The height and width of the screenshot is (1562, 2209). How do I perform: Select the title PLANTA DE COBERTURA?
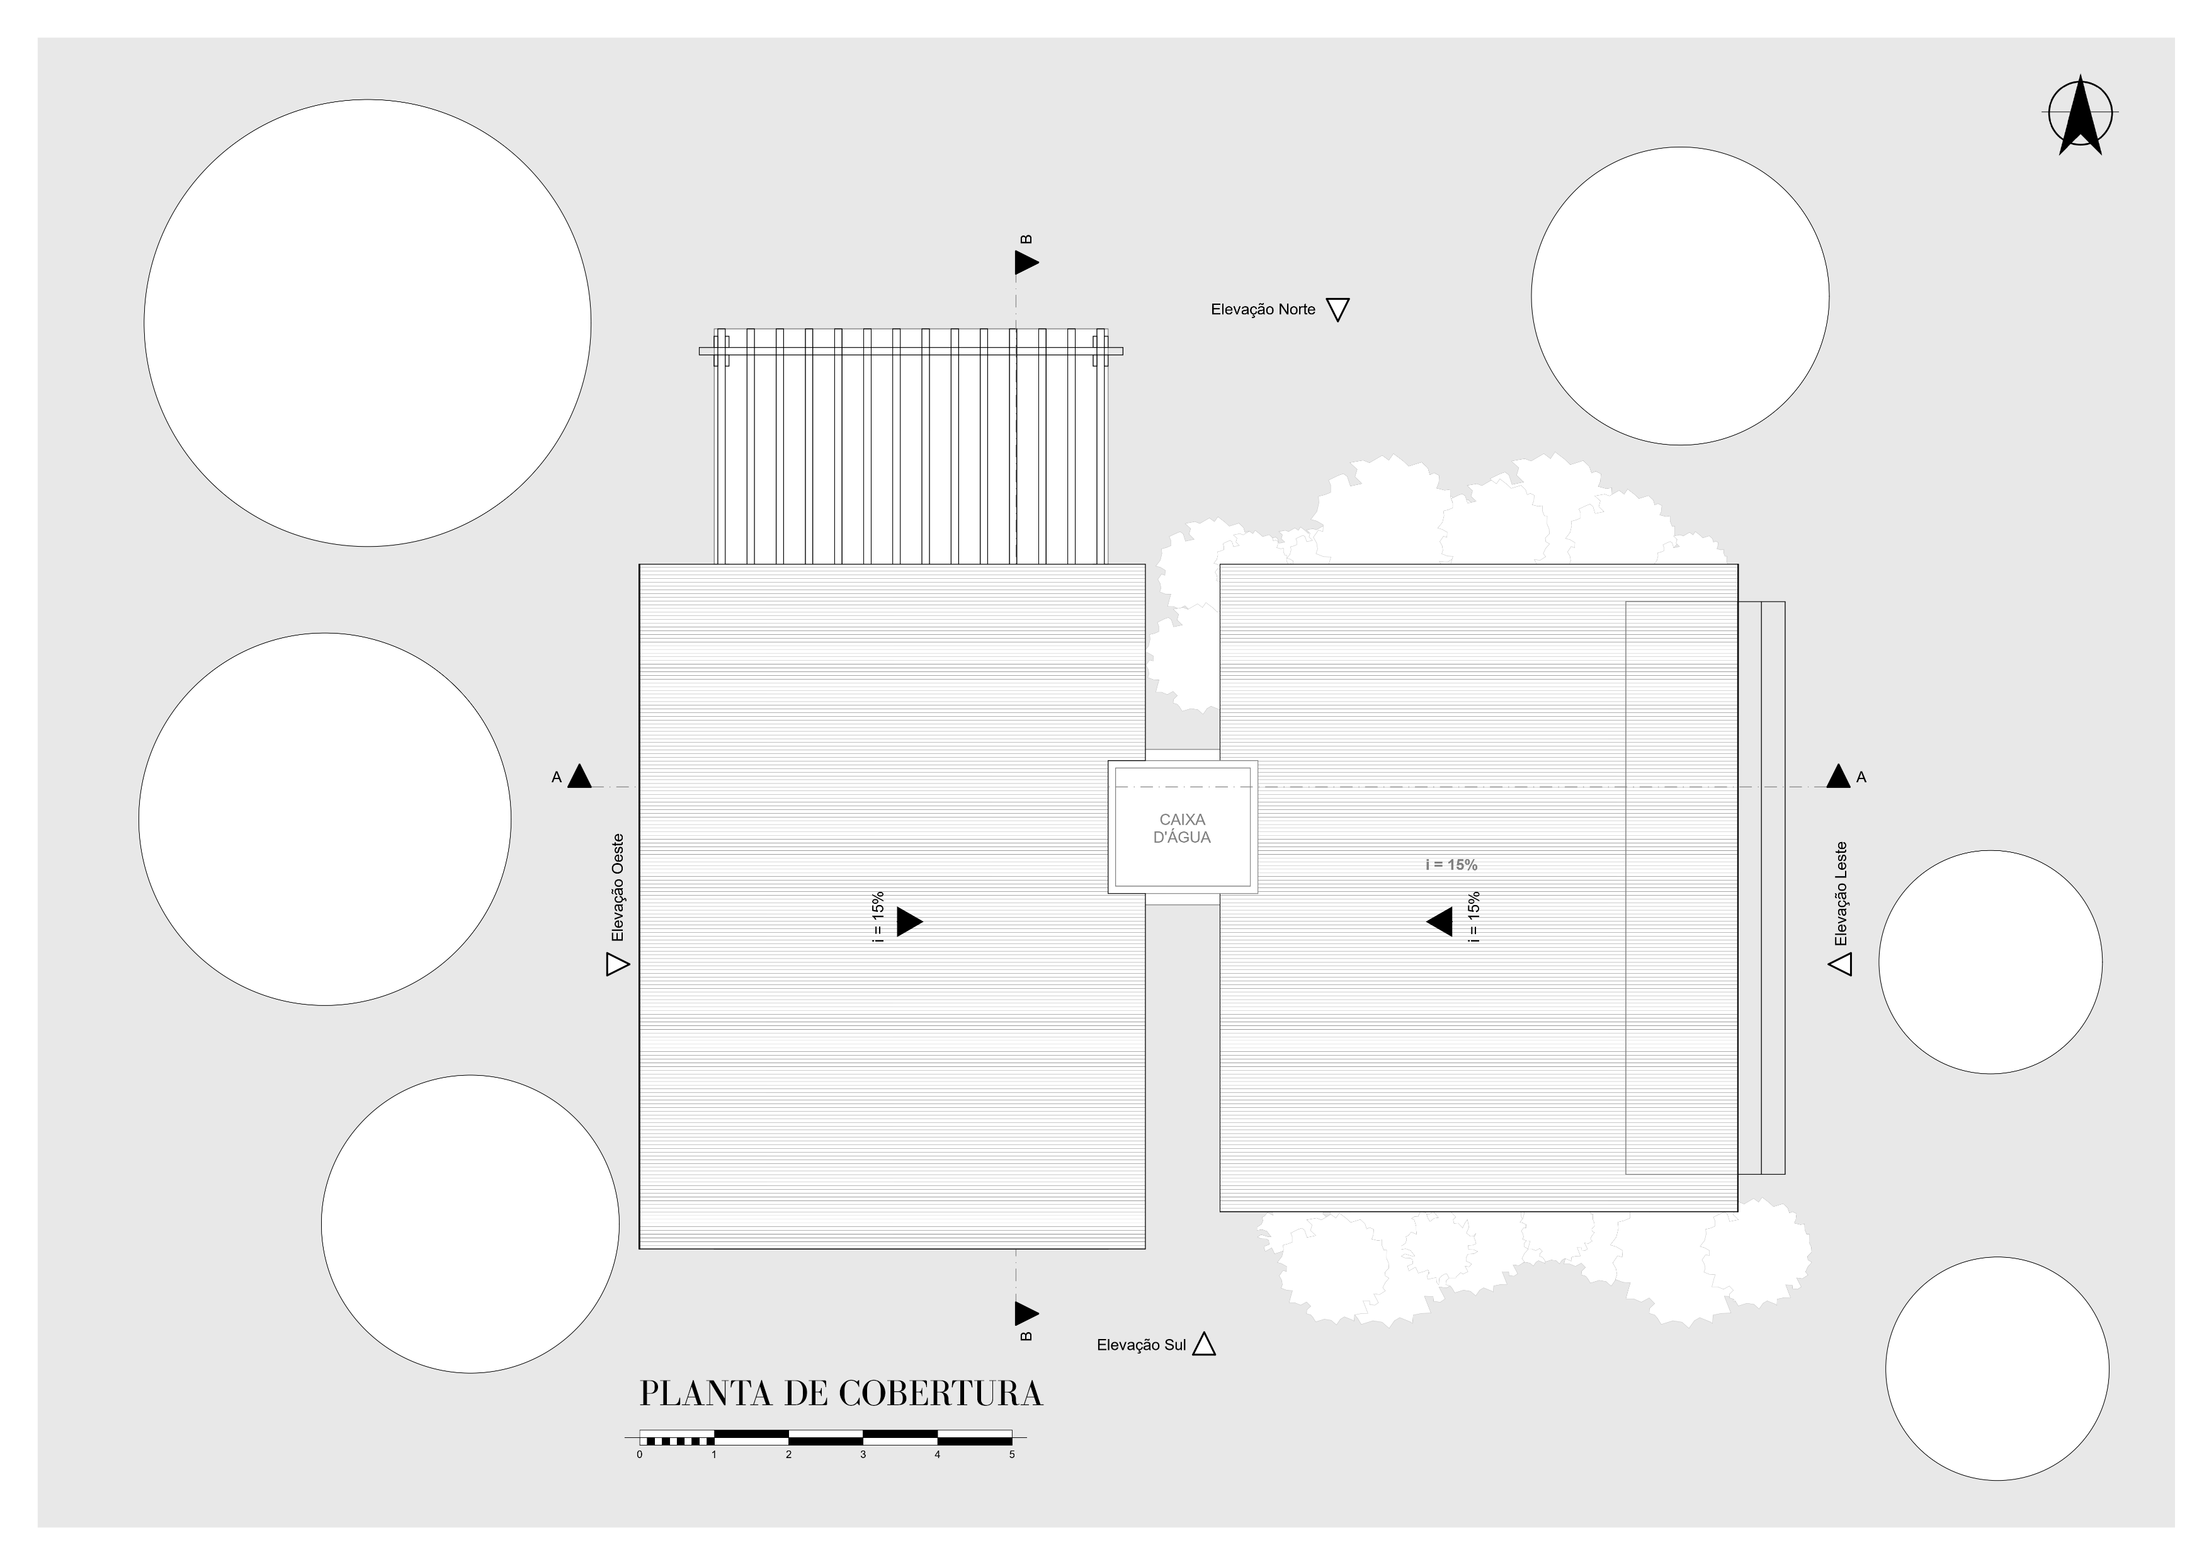(x=841, y=1394)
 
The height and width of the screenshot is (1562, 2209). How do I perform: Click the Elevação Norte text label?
(x=1263, y=310)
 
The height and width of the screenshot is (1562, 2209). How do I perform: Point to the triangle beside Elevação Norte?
(x=1337, y=309)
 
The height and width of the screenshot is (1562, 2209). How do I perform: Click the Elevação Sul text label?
(x=1141, y=1345)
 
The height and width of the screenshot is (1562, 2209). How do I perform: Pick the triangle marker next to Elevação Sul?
(x=1203, y=1345)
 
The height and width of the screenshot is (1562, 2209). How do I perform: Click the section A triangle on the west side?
(x=579, y=777)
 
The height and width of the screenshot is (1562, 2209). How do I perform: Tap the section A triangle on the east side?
(x=1837, y=777)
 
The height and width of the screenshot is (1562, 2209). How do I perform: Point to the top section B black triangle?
(x=1026, y=262)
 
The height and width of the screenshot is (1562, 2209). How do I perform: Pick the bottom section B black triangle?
(x=1026, y=1313)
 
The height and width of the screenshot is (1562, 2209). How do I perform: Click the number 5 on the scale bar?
(x=1011, y=1454)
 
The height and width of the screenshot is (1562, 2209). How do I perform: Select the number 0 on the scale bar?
(x=640, y=1454)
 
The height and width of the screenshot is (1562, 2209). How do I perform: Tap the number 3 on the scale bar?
(x=863, y=1454)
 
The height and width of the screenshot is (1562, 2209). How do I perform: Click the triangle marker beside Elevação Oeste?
(x=616, y=964)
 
